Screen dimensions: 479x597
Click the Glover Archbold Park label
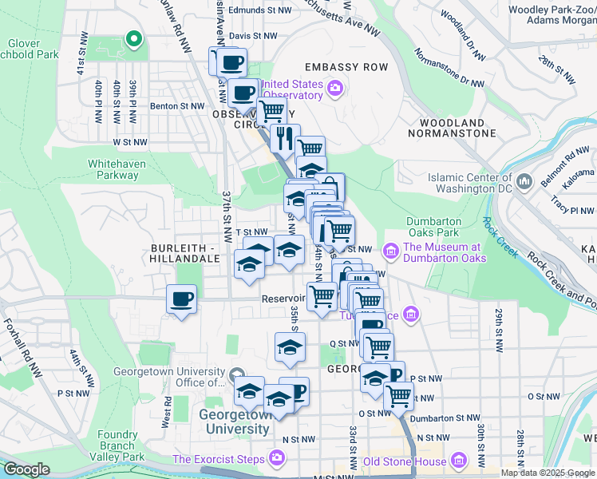pos(32,49)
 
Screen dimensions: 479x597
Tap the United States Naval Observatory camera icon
pos(335,86)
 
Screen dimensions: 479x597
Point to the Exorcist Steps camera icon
pos(276,458)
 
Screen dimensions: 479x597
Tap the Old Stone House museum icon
pos(458,461)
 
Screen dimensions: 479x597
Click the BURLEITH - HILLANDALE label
pos(184,254)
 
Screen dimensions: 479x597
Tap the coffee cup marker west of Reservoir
pos(182,299)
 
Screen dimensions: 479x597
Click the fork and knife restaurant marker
pos(285,138)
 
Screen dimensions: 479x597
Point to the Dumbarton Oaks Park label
pos(433,227)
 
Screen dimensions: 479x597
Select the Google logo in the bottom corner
pos(26,469)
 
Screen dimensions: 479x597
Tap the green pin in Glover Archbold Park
pos(133,38)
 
